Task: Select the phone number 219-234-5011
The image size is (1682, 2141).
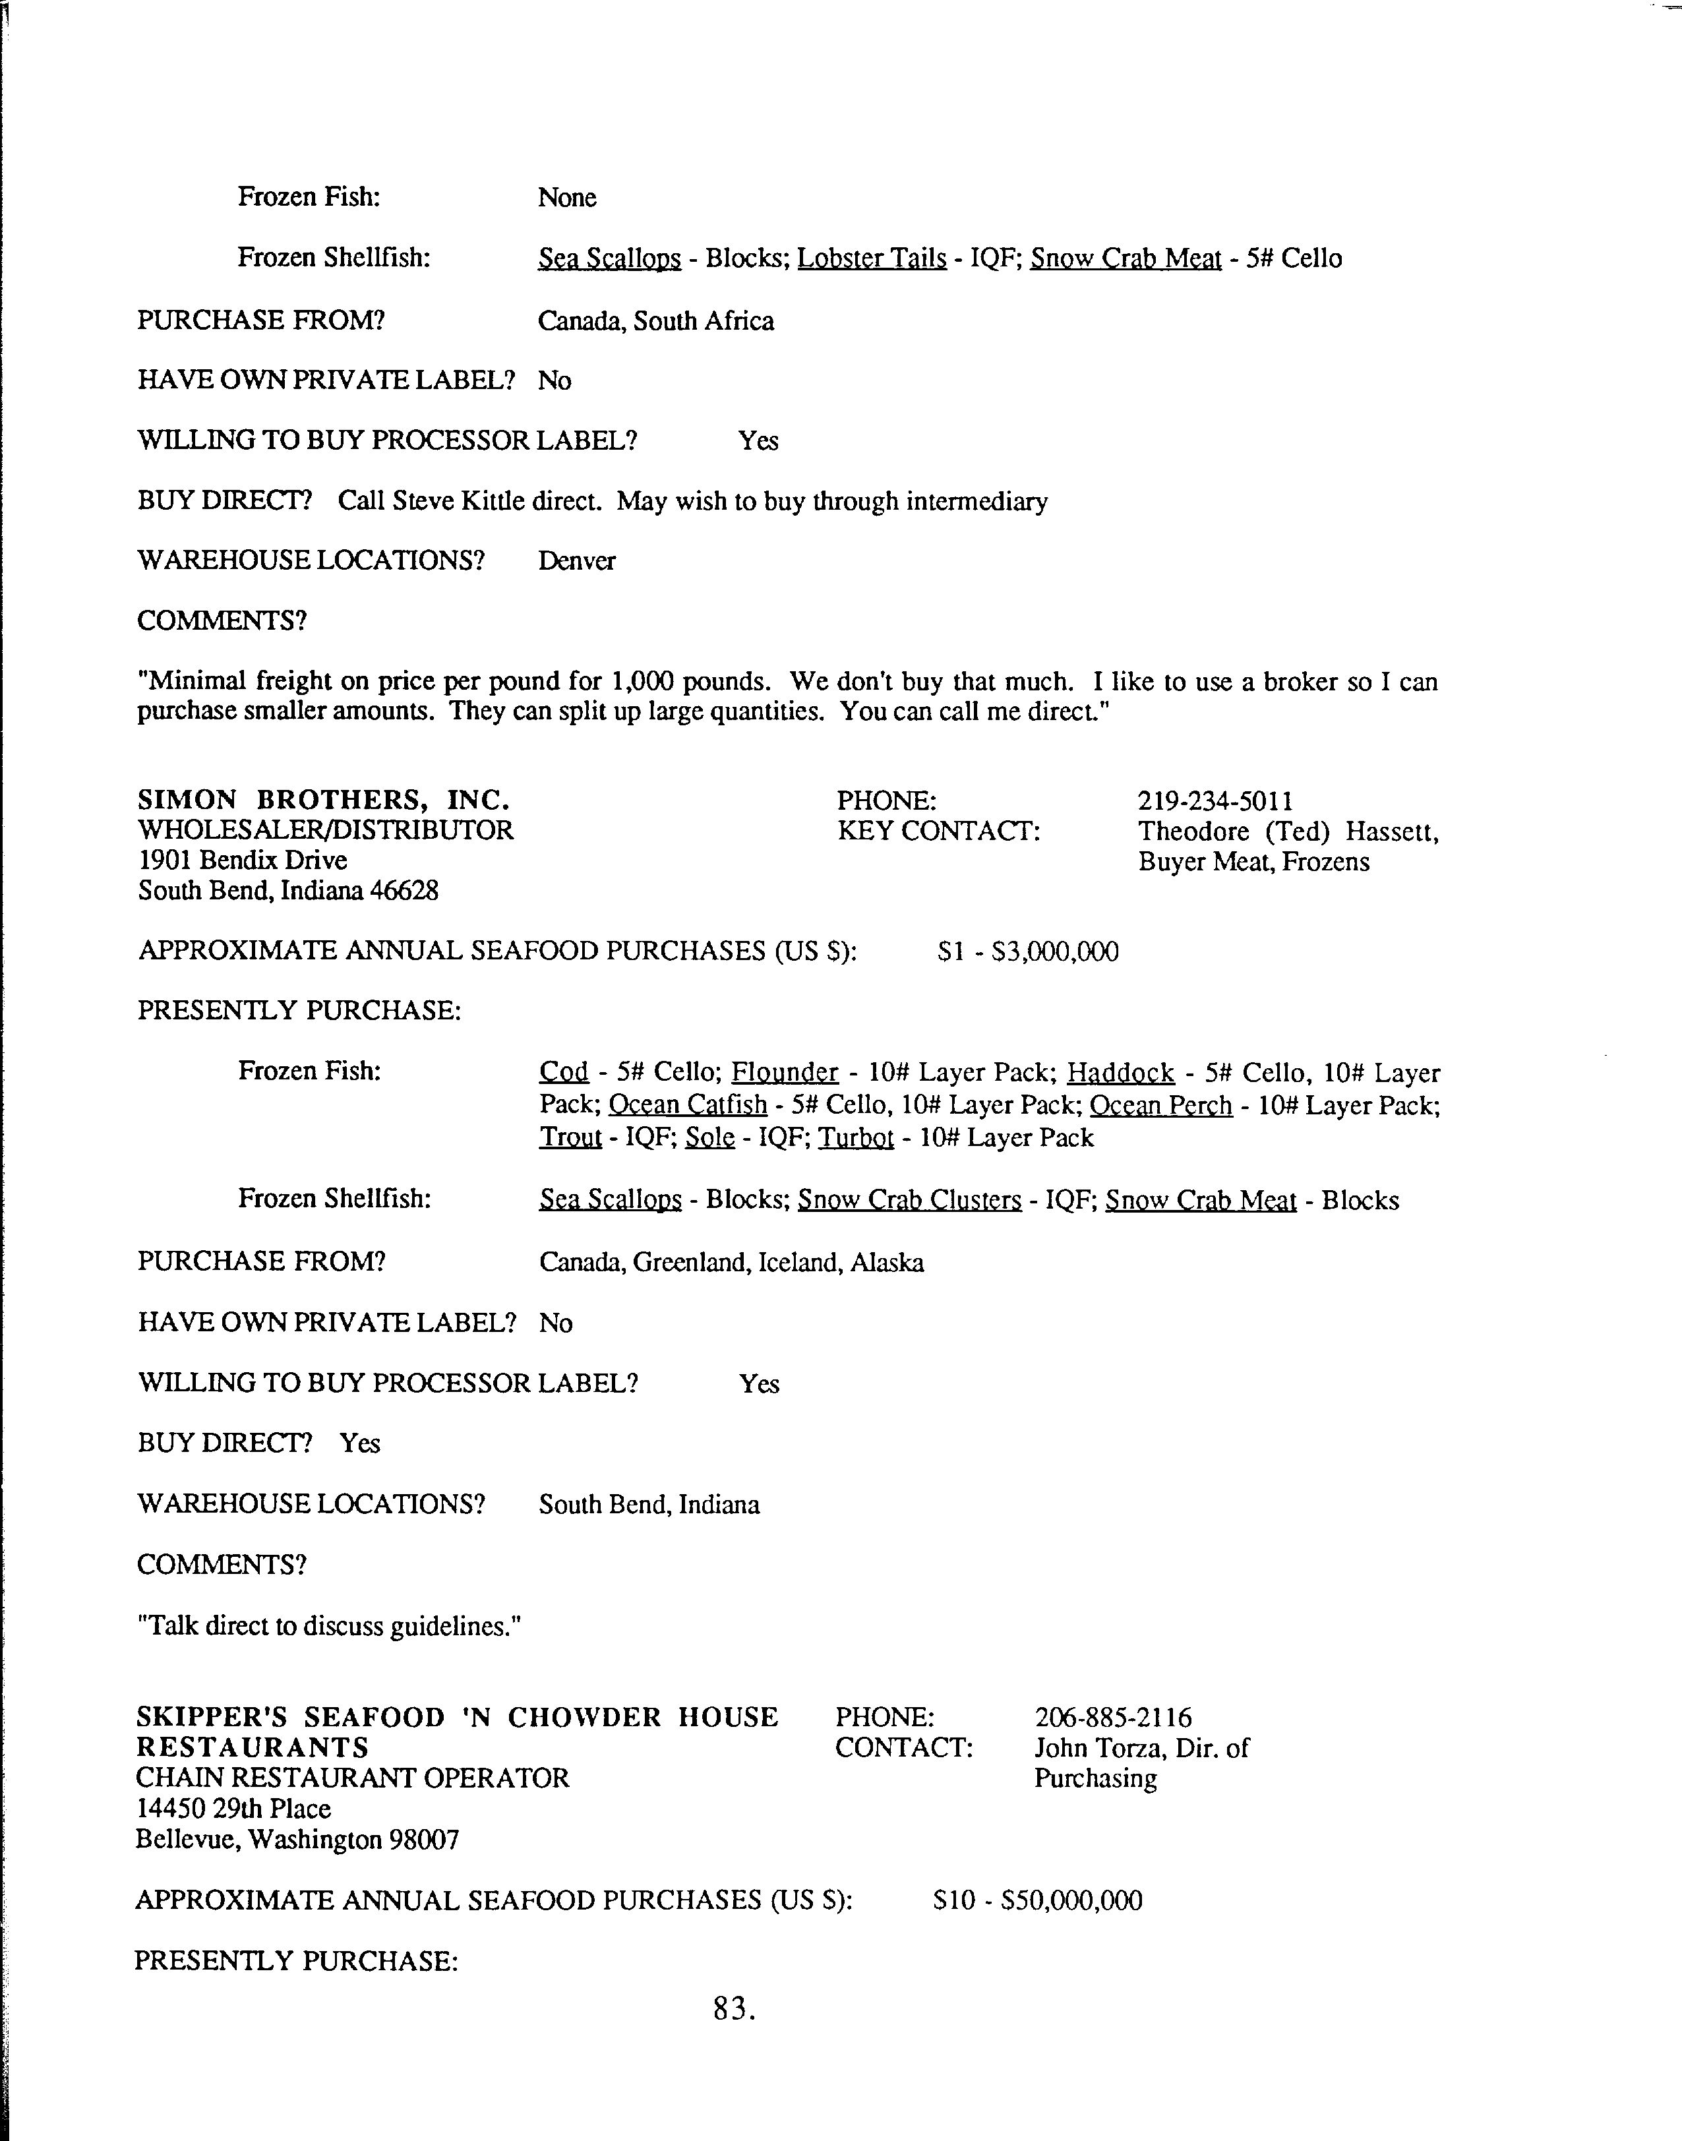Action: click(1215, 800)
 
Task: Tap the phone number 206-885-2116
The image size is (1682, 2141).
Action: click(1113, 1718)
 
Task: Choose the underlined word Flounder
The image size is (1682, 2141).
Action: click(785, 1072)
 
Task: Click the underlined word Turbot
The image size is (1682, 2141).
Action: click(856, 1139)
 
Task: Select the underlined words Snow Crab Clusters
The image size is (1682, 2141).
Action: click(909, 1201)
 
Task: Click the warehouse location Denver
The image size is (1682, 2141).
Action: click(576, 561)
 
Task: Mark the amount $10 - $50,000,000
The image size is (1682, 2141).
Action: click(1037, 1901)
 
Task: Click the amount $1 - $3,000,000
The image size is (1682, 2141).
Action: click(1028, 952)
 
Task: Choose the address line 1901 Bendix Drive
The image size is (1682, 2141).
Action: click(242, 860)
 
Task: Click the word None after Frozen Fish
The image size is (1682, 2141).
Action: click(567, 198)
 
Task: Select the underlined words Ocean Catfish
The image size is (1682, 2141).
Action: click(688, 1106)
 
